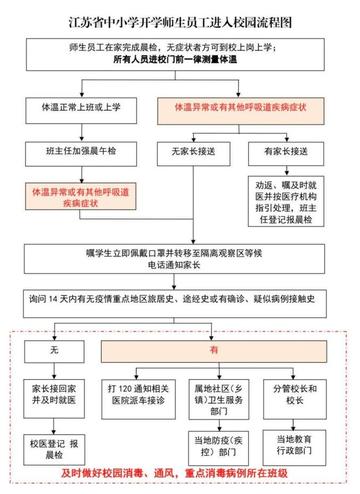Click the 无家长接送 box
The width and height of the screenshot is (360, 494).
(196, 152)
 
